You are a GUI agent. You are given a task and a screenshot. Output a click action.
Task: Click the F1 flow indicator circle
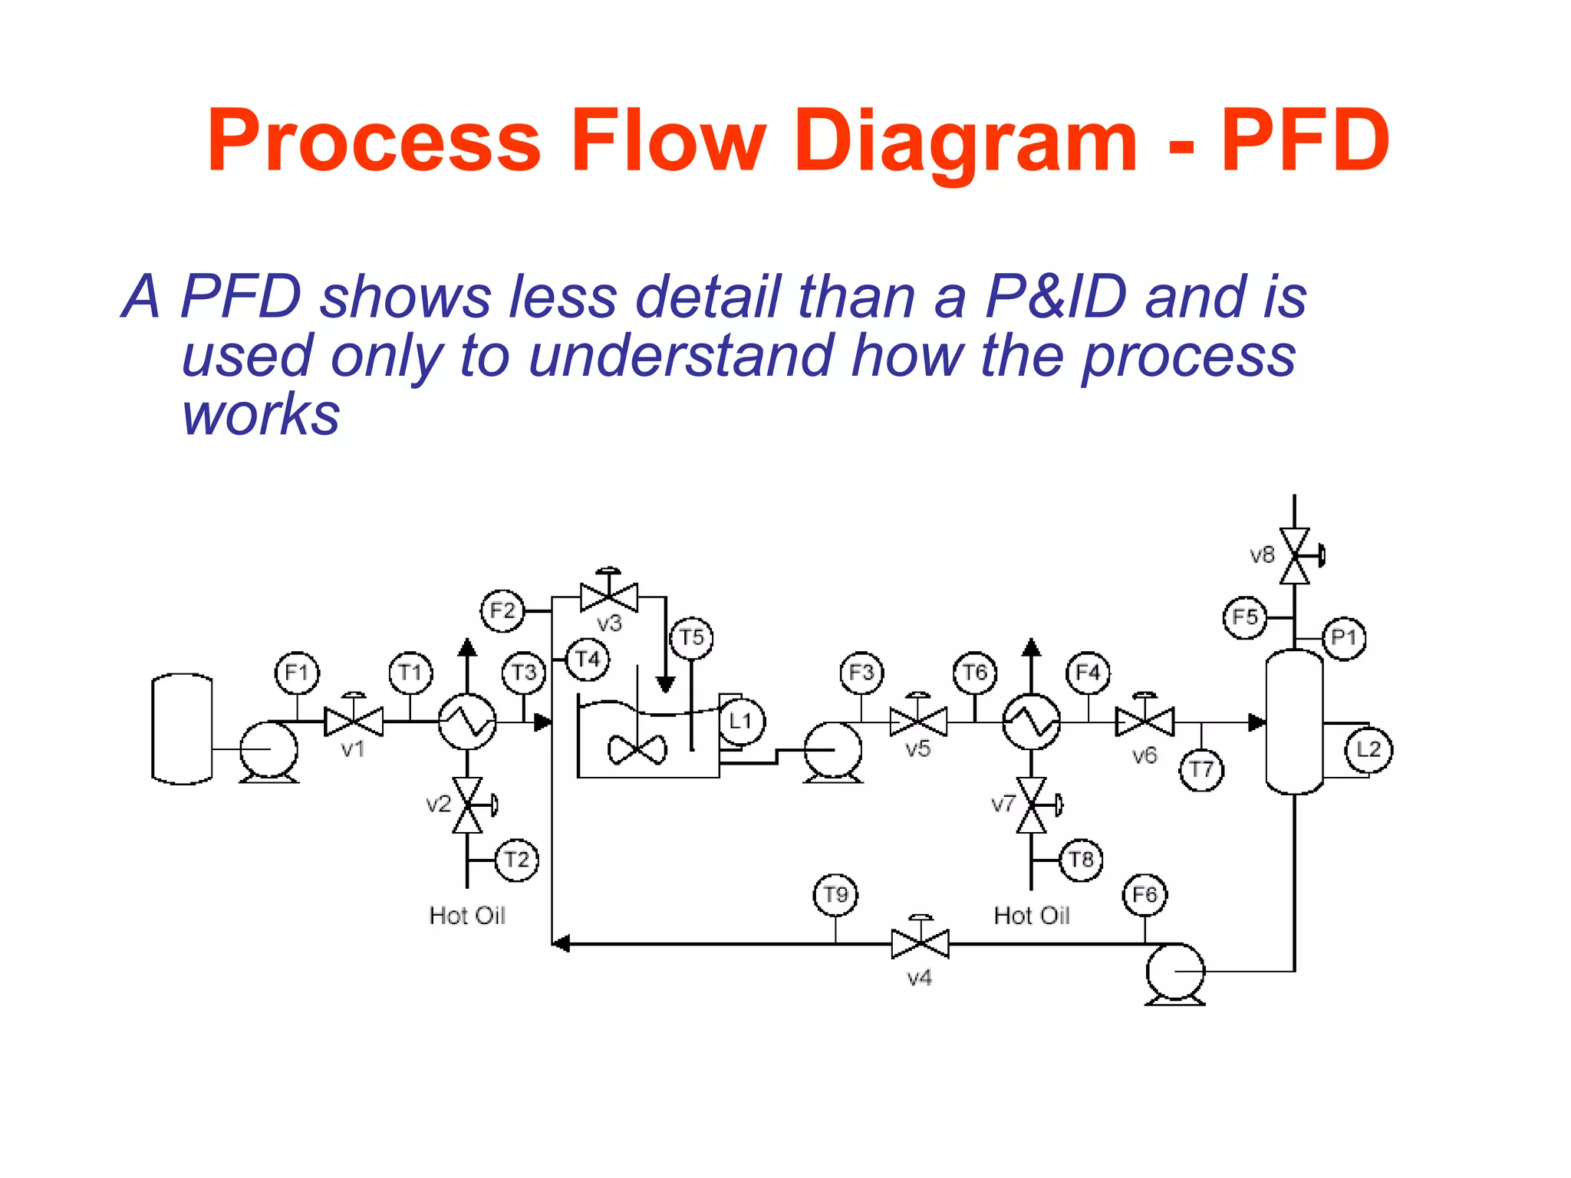[297, 673]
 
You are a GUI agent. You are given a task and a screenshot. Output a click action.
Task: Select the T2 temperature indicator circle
[517, 860]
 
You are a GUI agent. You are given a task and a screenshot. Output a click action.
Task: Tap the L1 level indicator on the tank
[741, 721]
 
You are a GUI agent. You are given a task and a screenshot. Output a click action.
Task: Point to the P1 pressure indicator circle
[1344, 637]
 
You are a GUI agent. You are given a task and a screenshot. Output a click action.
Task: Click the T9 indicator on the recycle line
[835, 894]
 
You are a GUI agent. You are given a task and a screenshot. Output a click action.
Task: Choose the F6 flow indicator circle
[1144, 894]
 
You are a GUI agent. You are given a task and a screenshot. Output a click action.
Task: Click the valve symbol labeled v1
[354, 722]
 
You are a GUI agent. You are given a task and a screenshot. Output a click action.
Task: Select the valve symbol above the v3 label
[609, 597]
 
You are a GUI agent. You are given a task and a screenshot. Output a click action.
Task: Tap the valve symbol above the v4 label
[920, 943]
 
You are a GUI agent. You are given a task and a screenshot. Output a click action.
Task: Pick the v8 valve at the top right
[1295, 555]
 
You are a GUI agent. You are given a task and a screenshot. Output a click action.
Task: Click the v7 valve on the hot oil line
[1032, 805]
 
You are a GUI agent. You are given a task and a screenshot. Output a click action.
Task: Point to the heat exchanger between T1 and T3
[467, 722]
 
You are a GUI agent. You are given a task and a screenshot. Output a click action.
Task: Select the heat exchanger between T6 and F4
[1032, 722]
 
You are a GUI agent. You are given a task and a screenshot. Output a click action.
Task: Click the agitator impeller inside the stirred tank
[637, 750]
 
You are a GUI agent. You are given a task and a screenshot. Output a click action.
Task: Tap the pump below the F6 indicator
[1175, 972]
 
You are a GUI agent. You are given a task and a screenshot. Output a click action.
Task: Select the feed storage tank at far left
[183, 729]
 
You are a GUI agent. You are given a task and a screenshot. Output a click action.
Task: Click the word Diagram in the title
[965, 141]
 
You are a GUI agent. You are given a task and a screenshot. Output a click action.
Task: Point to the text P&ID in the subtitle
[1056, 298]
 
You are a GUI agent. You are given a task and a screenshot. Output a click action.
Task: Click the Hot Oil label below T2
[467, 916]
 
